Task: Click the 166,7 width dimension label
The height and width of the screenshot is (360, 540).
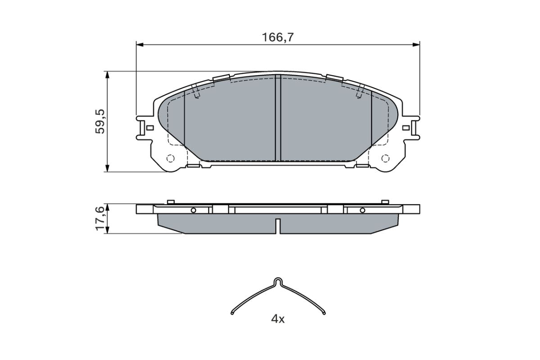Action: point(278,37)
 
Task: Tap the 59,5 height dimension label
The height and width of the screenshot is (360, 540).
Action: point(100,121)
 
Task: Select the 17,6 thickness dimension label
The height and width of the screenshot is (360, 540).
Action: point(100,218)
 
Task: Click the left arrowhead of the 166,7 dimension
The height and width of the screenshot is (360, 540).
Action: point(140,45)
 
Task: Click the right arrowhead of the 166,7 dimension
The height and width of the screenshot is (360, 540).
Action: point(416,45)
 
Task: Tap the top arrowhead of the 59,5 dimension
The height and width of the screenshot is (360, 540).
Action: point(108,75)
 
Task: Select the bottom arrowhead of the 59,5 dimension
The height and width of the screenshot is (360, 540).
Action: point(108,168)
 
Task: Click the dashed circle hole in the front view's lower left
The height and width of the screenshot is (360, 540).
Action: point(171,159)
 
